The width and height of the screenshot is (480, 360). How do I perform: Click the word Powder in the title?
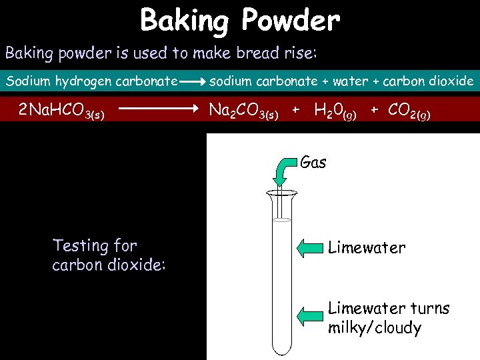pos(291,21)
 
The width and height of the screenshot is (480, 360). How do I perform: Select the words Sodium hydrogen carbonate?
pos(91,81)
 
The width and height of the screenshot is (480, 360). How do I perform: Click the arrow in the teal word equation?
pos(193,82)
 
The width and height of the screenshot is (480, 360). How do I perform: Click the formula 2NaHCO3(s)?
pos(61,110)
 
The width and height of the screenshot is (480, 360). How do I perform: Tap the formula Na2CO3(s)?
pos(243,110)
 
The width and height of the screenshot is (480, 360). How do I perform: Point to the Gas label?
pos(313,162)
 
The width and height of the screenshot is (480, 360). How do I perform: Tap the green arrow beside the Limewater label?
pos(309,249)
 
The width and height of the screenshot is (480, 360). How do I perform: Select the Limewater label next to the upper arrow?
pos(367,248)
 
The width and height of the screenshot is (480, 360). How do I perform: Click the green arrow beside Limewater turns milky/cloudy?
pos(309,315)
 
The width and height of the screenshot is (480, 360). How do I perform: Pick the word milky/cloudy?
pos(375,328)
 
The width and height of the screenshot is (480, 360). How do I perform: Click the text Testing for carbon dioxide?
pos(109,255)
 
